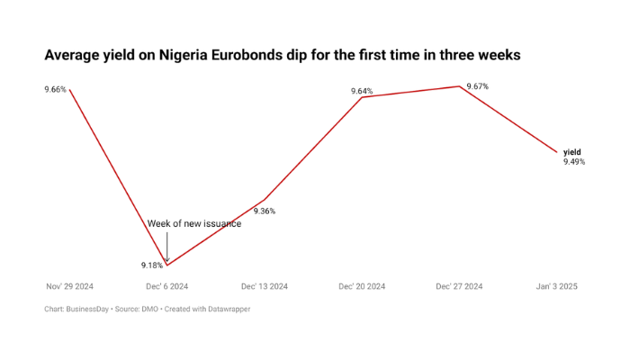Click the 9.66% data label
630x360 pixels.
pos(55,89)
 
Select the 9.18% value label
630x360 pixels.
pos(151,265)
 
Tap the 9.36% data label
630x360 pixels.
pos(264,211)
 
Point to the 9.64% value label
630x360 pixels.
pos(362,91)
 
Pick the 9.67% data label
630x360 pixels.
pos(477,86)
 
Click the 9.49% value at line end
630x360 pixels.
pos(574,162)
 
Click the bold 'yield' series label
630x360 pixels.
pos(572,152)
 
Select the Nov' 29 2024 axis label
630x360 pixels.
pos(69,286)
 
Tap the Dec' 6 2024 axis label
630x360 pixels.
pos(166,286)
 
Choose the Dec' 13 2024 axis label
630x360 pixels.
pos(264,286)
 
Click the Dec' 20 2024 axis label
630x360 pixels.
pos(362,286)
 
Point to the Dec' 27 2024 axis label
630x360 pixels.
pos(459,286)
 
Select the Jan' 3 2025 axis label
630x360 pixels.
pos(556,286)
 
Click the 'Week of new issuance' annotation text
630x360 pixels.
pos(194,223)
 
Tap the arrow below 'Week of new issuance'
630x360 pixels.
pos(166,245)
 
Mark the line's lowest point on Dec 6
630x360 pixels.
pos(166,265)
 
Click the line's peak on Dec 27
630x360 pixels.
pos(459,86)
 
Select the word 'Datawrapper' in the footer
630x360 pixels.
pos(227,309)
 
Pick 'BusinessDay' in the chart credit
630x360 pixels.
pos(88,309)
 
